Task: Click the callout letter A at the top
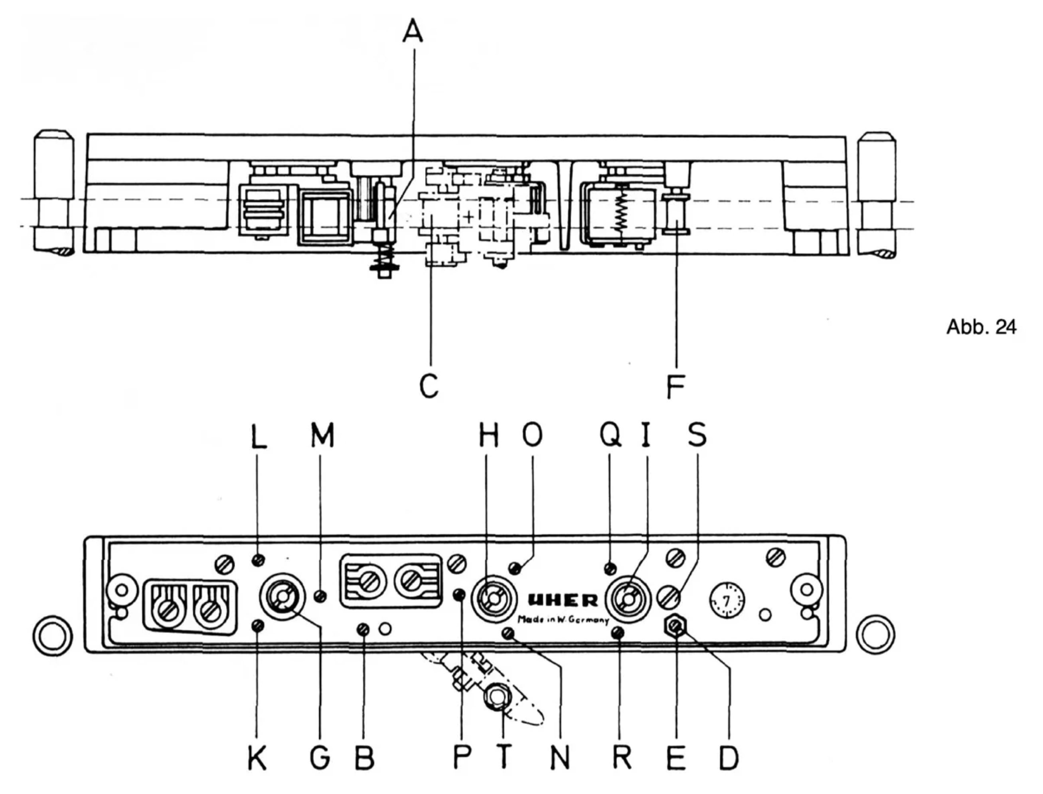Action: pyautogui.click(x=413, y=31)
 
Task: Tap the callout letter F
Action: pyautogui.click(x=676, y=387)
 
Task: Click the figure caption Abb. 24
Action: pyautogui.click(x=981, y=327)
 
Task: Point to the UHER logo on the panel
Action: pyautogui.click(x=563, y=601)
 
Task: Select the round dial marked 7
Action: pyautogui.click(x=726, y=601)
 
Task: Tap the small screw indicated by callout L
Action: pyautogui.click(x=258, y=560)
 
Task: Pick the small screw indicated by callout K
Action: pyautogui.click(x=257, y=626)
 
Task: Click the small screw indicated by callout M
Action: pyautogui.click(x=320, y=596)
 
